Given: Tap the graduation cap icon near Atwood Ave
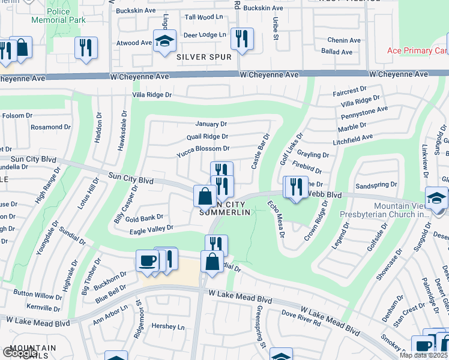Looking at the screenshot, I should [164, 41].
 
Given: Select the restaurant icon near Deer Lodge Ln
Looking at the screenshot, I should [242, 40].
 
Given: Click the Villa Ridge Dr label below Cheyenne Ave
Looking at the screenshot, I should [152, 95].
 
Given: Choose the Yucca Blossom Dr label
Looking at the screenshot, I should [203, 148].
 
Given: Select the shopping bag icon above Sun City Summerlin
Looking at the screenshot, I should [205, 196].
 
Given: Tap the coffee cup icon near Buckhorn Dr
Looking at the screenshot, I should [148, 261].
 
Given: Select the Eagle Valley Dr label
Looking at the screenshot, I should [150, 228].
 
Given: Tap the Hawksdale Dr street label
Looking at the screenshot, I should [122, 129].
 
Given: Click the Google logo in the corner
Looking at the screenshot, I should [20, 353].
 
